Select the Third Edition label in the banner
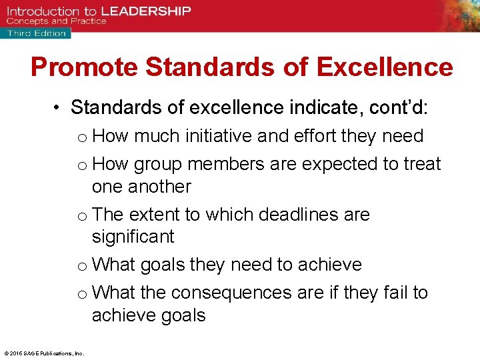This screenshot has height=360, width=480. [x=37, y=33]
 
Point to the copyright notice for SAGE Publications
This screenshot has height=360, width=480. [x=43, y=353]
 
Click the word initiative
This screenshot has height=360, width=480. [x=219, y=136]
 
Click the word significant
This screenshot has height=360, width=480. [x=133, y=237]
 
